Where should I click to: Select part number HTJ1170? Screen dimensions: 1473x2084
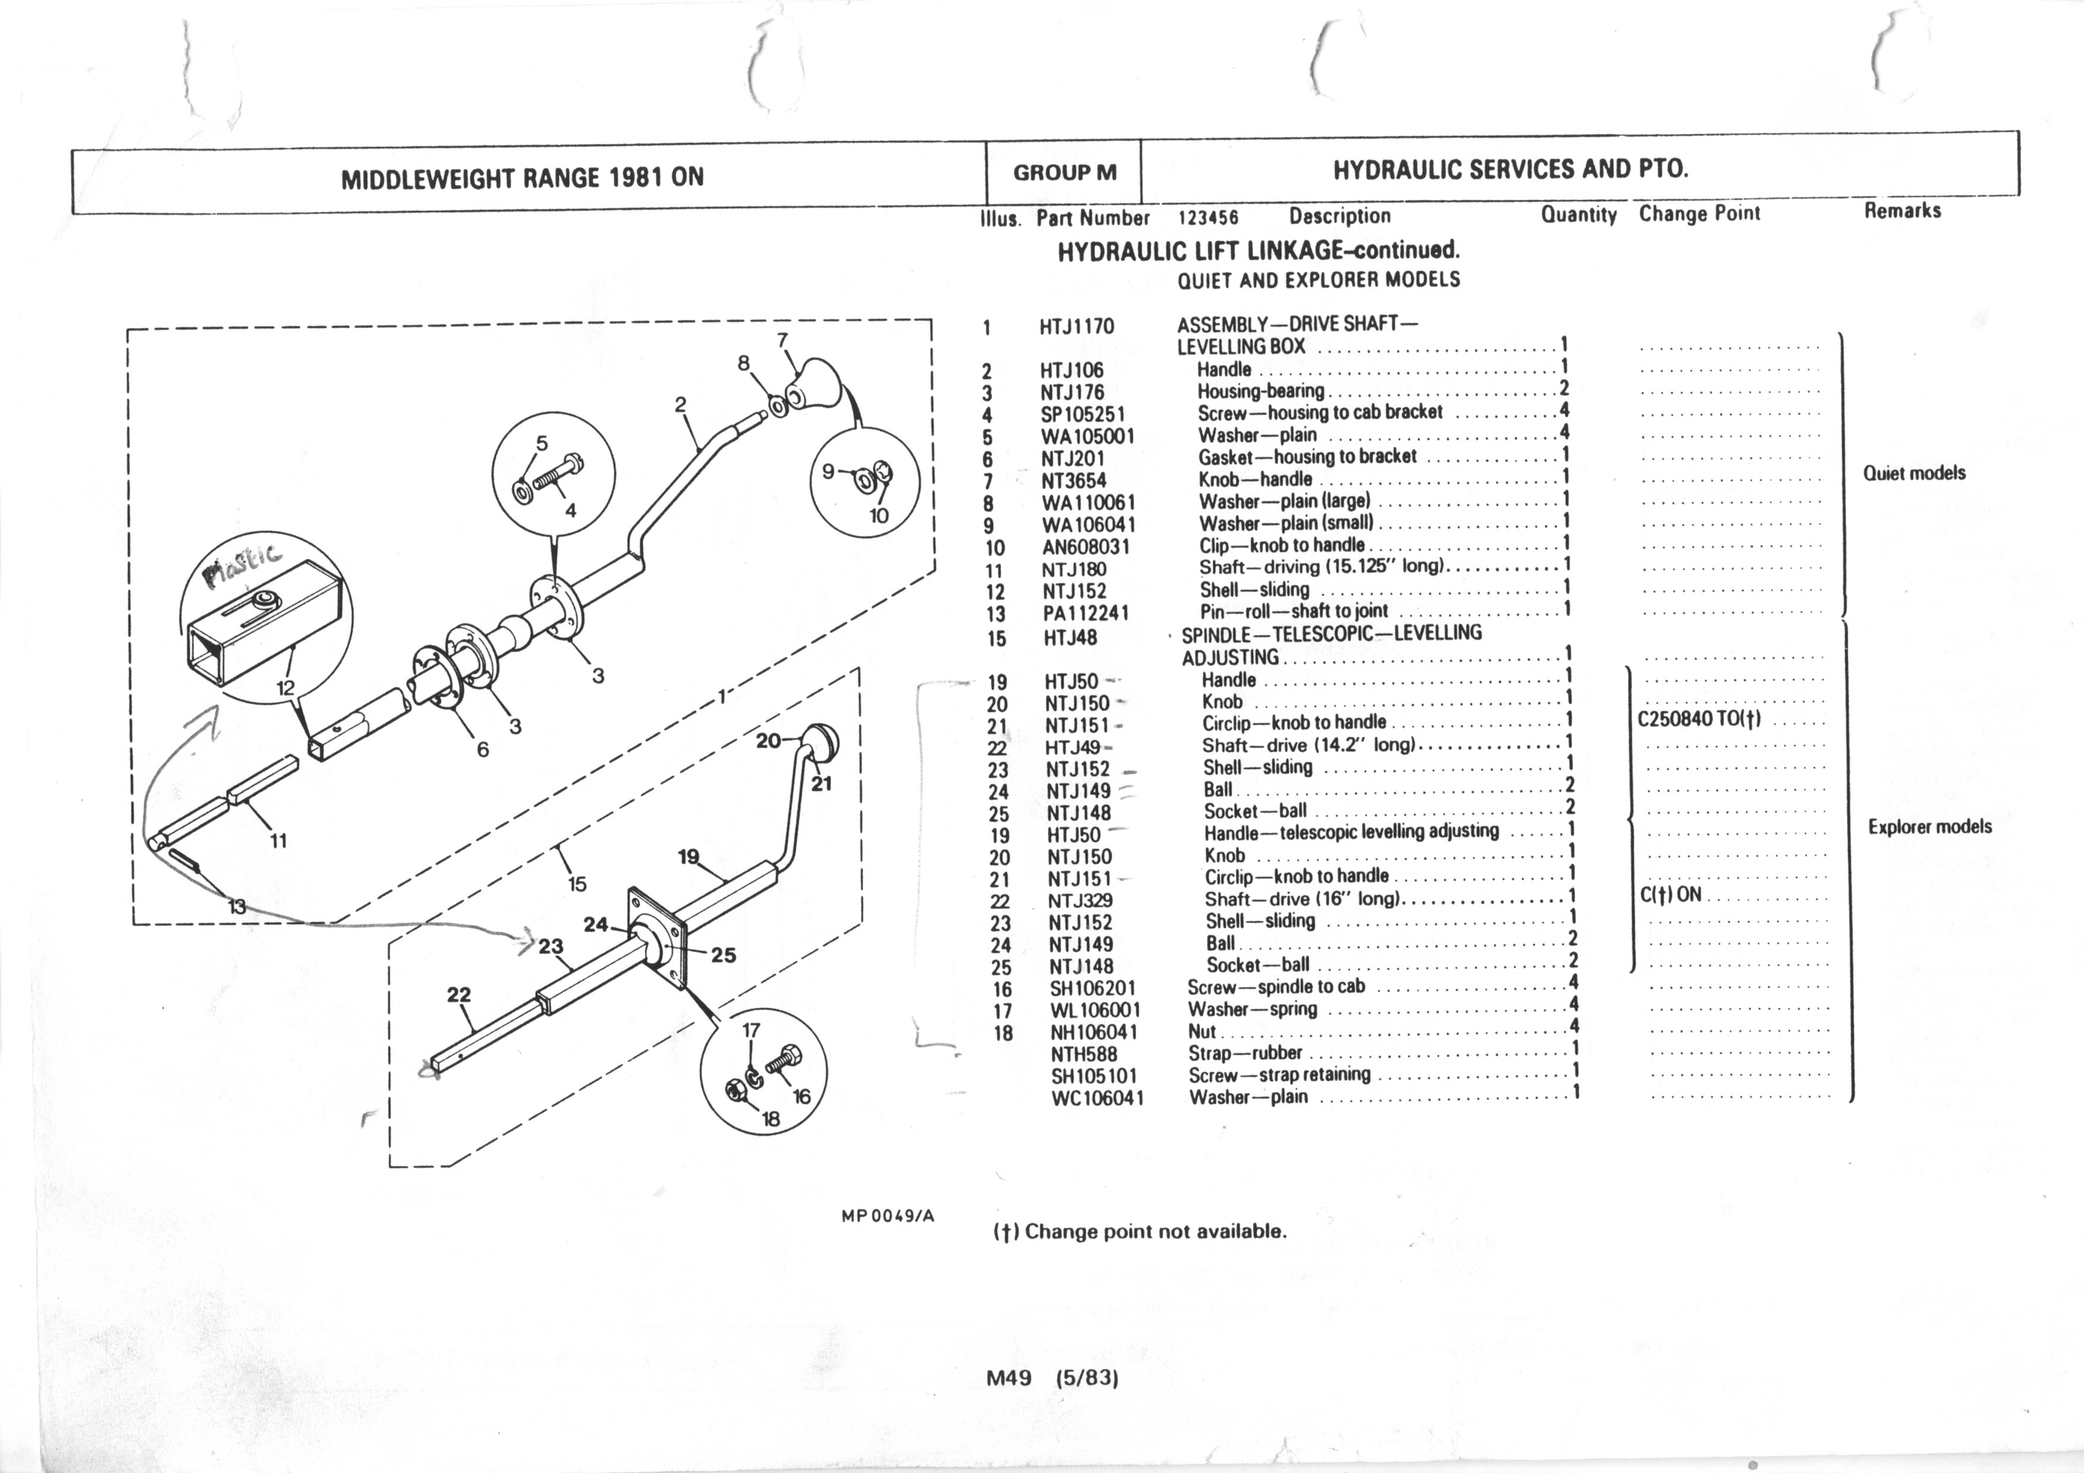(1077, 327)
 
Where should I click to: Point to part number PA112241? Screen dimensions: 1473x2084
(1086, 613)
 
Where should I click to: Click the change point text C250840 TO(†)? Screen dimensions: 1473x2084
(1699, 720)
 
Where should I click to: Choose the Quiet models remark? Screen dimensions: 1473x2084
(1914, 473)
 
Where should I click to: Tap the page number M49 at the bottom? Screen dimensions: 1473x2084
(1008, 1377)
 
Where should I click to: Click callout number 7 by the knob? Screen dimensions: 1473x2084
(782, 340)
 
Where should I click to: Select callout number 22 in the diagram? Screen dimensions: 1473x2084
(459, 994)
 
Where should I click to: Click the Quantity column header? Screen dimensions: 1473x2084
(1579, 215)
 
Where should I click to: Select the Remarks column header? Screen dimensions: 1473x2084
(1902, 211)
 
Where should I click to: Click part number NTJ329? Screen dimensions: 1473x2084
(1080, 900)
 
